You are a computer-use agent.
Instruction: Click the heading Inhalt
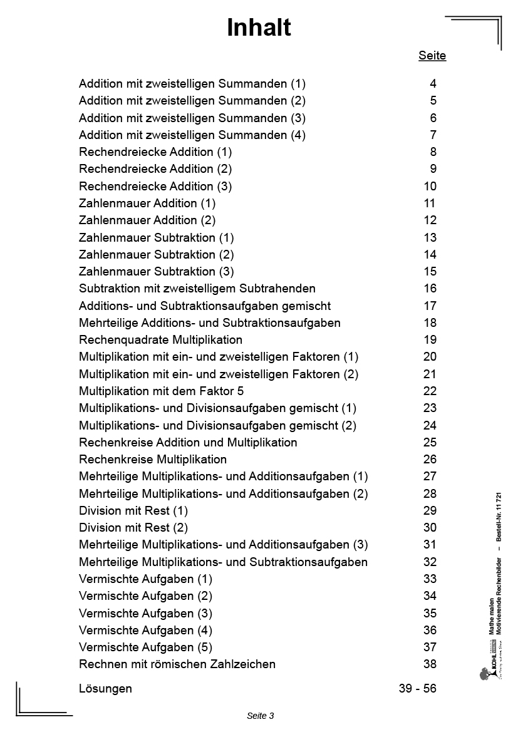[259, 28]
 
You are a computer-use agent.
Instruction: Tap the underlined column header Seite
[432, 56]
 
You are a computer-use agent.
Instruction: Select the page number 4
[433, 83]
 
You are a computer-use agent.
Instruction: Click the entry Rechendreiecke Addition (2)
[155, 169]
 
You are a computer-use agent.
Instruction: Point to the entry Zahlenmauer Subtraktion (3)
[157, 272]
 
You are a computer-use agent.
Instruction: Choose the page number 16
[430, 289]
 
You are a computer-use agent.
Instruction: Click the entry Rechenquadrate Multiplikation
[160, 340]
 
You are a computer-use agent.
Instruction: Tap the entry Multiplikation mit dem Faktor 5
[161, 391]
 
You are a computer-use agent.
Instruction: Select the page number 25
[430, 443]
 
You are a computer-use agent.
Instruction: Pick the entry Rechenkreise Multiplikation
[153, 460]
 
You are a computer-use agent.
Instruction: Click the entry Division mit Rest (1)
[133, 511]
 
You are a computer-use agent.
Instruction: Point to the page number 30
[430, 528]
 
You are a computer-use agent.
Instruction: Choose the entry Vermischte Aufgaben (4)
[145, 631]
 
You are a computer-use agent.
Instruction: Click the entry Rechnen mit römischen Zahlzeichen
[177, 664]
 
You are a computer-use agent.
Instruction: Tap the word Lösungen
[105, 689]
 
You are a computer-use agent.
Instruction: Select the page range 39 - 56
[417, 689]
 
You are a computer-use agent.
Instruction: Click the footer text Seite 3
[261, 716]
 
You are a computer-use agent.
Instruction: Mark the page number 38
[430, 664]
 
